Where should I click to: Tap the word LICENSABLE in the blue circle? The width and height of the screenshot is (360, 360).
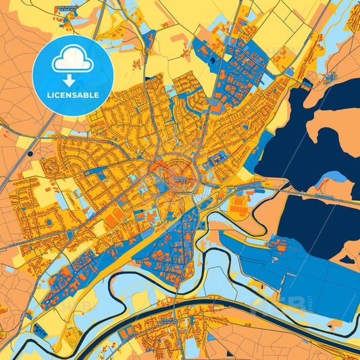[72, 94]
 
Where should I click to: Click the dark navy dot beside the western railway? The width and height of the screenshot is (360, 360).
[30, 154]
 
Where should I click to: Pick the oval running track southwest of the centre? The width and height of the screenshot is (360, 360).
[118, 215]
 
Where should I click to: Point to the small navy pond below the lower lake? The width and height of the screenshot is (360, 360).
[349, 259]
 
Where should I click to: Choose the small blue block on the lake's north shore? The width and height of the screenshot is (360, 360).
[307, 84]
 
